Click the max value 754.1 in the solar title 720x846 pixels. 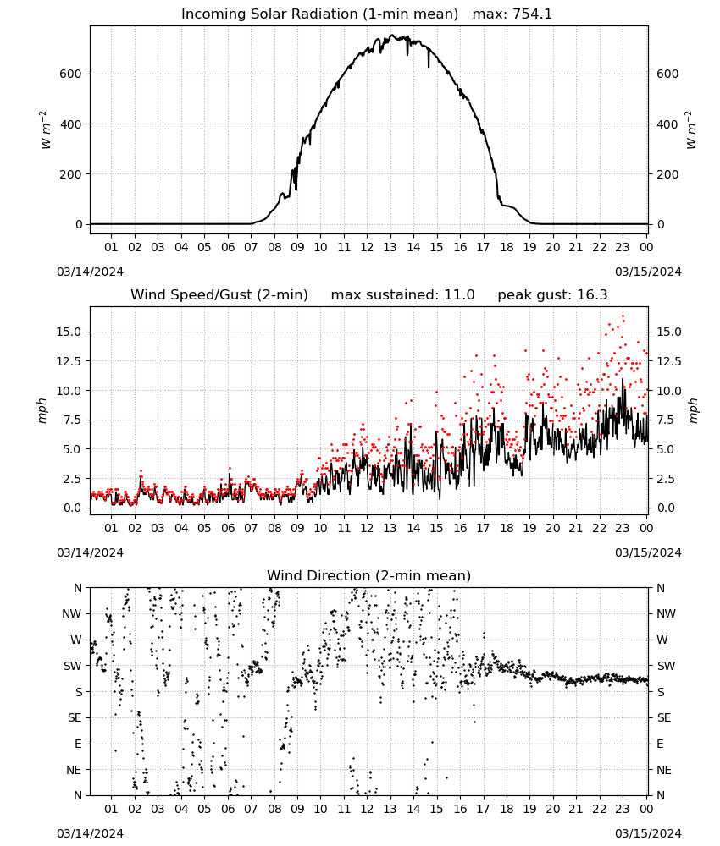(x=532, y=14)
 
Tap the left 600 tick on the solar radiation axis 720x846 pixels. (x=71, y=74)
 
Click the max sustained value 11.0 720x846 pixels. (x=459, y=295)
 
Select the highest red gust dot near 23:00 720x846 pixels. (x=623, y=316)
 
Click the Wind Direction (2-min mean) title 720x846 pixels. (x=369, y=575)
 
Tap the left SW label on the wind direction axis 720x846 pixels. (x=73, y=666)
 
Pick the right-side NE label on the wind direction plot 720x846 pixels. (x=663, y=770)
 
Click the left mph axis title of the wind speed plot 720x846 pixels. (x=42, y=410)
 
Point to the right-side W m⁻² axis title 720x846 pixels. (x=692, y=130)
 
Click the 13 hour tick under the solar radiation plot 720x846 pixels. (x=390, y=247)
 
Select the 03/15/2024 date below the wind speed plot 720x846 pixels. (x=648, y=552)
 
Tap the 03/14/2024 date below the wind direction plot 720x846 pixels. (x=90, y=833)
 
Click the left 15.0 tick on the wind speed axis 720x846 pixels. (x=69, y=332)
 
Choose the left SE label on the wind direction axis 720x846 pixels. (x=75, y=717)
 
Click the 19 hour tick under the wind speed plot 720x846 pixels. (x=530, y=528)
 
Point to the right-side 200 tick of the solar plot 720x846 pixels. (x=667, y=174)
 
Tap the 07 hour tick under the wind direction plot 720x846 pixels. (x=251, y=809)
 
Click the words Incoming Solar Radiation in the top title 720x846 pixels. (x=269, y=14)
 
